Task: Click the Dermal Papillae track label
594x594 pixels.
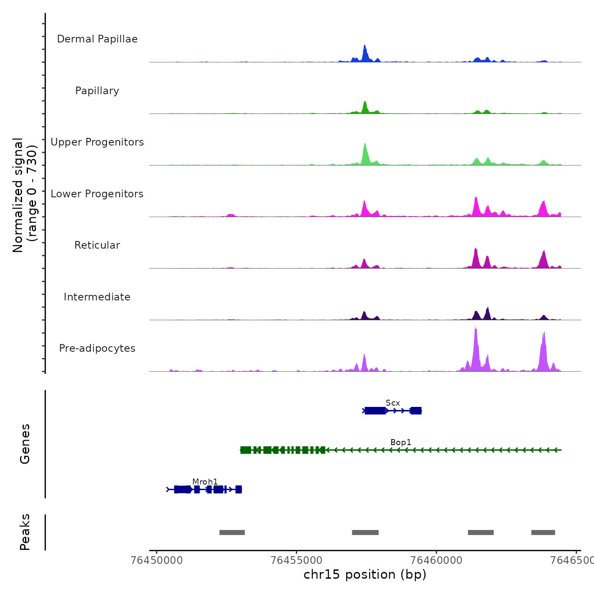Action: click(97, 39)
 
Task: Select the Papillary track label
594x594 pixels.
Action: click(97, 91)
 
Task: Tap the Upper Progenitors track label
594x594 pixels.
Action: click(97, 142)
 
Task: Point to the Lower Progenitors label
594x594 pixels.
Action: click(97, 194)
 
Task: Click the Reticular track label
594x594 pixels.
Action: click(97, 245)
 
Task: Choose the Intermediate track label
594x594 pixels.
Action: click(97, 297)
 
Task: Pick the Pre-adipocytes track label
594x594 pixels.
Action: click(97, 348)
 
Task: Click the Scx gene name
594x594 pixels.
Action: click(393, 403)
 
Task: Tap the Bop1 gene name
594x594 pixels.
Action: click(401, 442)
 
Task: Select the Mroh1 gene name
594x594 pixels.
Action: click(205, 482)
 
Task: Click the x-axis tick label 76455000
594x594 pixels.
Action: click(297, 560)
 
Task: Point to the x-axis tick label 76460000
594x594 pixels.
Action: click(437, 560)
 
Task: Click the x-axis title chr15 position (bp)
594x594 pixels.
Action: click(365, 574)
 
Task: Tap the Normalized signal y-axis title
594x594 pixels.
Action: click(25, 195)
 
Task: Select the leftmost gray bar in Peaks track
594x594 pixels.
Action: click(232, 532)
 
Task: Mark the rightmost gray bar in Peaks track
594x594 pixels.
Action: click(543, 532)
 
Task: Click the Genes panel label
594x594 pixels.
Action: click(25, 444)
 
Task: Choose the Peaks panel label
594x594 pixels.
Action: click(25, 532)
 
